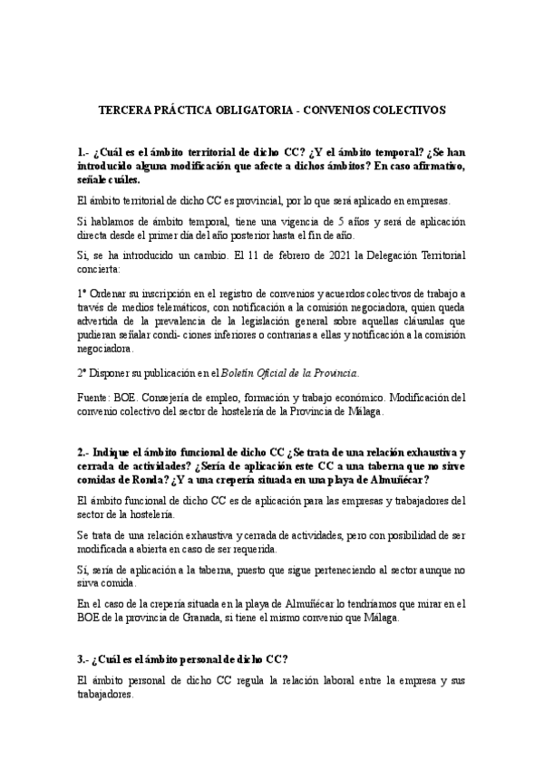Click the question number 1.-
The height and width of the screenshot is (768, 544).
84,153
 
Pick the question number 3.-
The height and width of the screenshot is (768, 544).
84,658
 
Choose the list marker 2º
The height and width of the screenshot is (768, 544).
83,372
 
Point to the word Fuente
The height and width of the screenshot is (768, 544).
95,397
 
